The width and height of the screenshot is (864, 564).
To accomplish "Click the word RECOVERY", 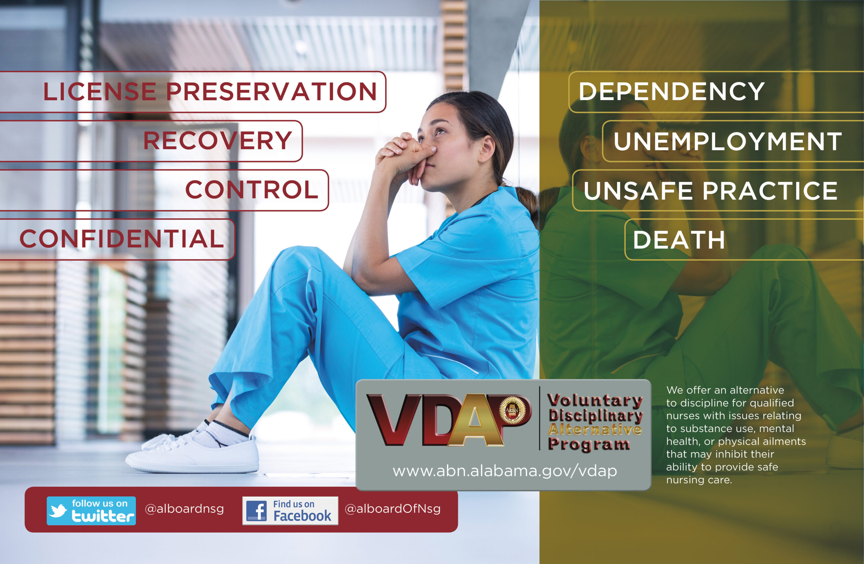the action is [217, 140].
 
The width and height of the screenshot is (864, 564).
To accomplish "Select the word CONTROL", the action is [251, 189].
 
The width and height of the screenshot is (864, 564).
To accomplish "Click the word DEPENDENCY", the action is [672, 91].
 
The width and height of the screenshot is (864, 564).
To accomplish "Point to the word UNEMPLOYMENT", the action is [728, 141].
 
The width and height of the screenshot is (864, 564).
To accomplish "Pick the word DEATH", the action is [679, 240].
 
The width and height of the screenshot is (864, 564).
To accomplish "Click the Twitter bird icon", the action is [58, 510].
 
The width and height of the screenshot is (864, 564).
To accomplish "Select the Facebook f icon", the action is [256, 511].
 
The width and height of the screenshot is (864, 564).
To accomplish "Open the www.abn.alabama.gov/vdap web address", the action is [505, 471].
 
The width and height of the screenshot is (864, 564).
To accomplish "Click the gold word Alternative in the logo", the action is [595, 430].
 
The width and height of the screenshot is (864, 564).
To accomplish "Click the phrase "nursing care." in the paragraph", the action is [699, 480].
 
